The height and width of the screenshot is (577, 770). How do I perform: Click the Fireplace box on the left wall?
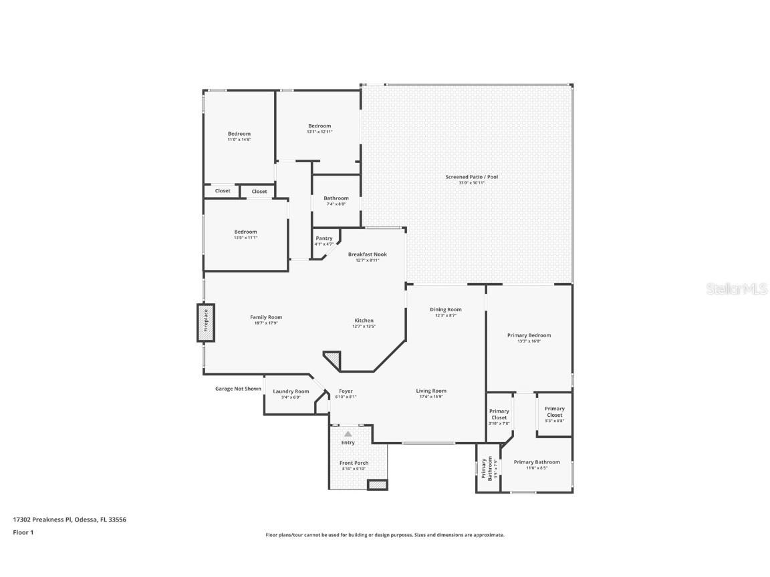[x=206, y=323]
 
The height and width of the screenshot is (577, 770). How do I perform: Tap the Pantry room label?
[x=324, y=238]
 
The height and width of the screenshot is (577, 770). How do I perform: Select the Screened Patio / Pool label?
[x=471, y=177]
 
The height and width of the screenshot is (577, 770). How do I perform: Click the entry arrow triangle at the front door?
[x=348, y=434]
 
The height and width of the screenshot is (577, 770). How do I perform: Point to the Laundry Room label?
[x=291, y=391]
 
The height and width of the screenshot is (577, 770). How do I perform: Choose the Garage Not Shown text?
[x=238, y=389]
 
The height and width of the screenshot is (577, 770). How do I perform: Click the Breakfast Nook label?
[x=367, y=254]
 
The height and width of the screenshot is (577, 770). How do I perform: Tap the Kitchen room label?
[x=364, y=321]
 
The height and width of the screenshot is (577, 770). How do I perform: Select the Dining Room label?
[x=445, y=310]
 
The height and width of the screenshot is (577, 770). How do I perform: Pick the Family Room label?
[x=266, y=317]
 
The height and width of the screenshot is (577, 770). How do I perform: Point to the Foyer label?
[x=346, y=391]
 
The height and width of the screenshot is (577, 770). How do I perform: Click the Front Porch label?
[x=354, y=463]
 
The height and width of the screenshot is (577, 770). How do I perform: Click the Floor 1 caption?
[x=23, y=532]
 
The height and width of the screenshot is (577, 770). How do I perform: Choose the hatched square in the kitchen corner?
[x=333, y=361]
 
